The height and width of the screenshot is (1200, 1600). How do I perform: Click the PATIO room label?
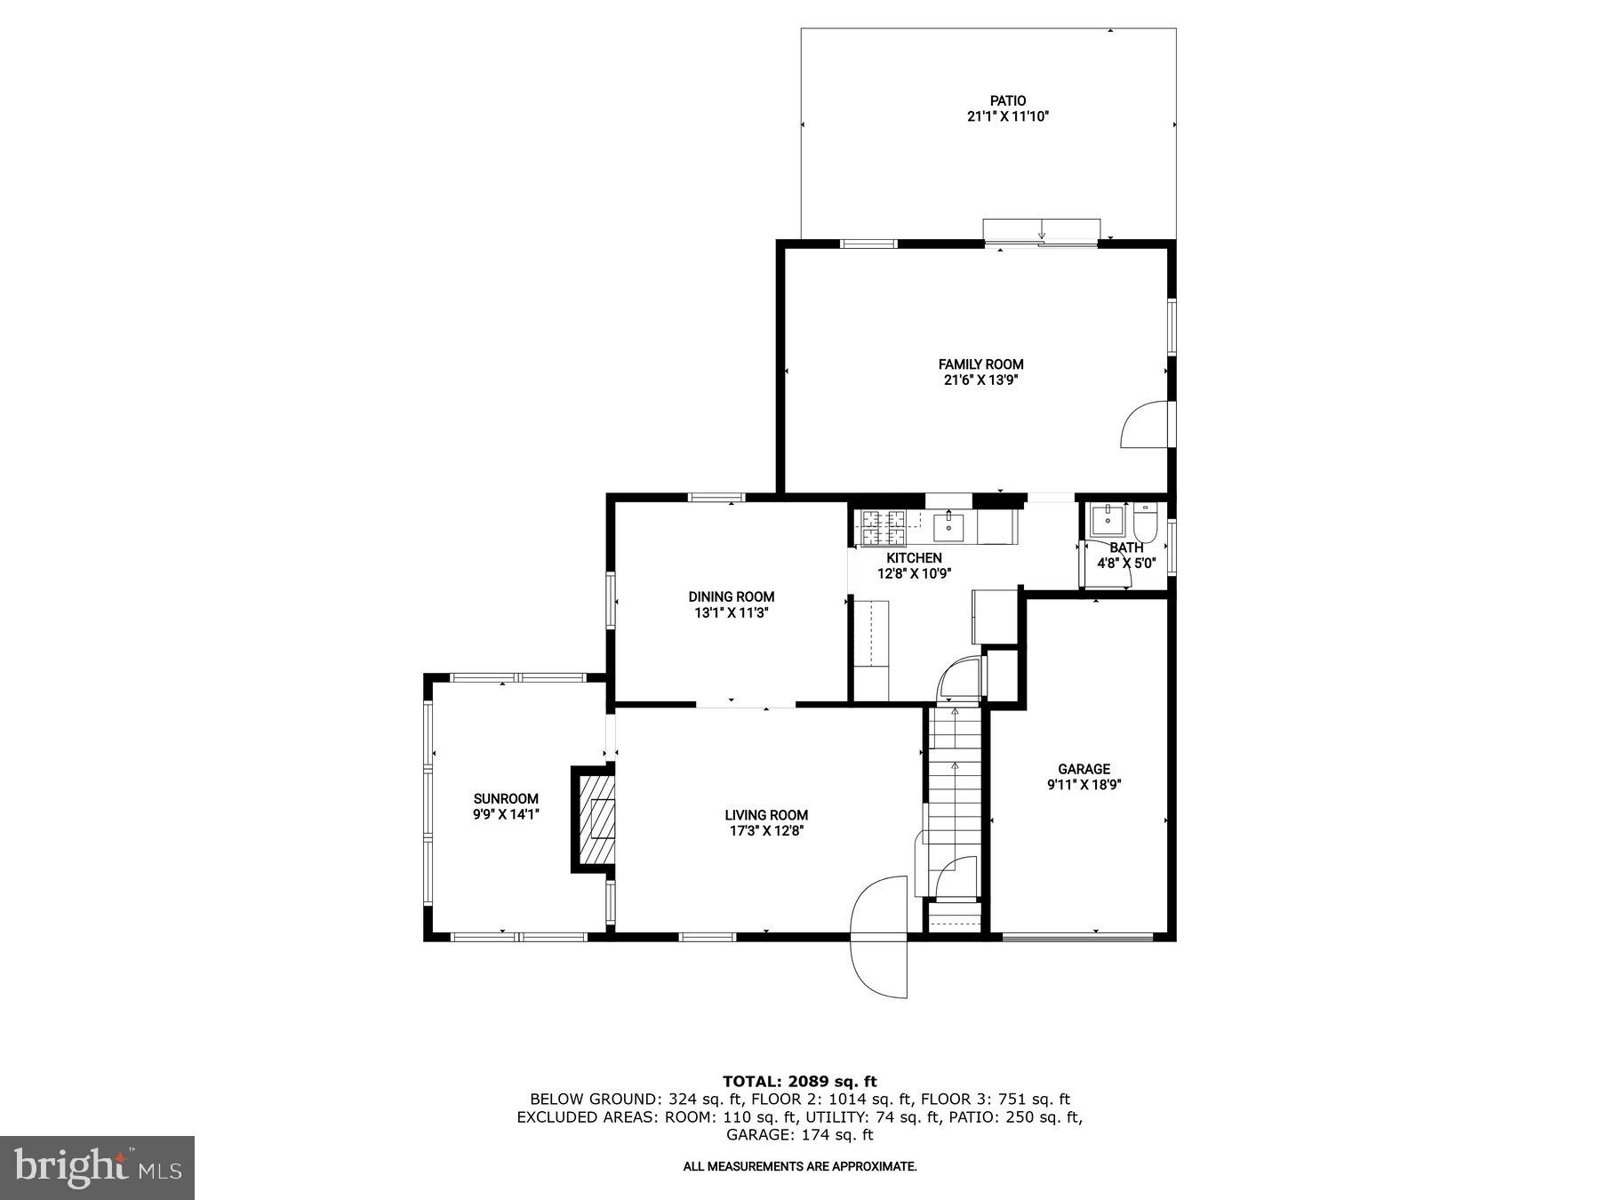(1008, 100)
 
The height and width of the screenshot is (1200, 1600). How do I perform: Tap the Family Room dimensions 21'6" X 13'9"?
(980, 380)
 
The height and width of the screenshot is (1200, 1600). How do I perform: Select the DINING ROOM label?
(732, 596)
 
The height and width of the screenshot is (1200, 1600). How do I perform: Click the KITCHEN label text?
(914, 557)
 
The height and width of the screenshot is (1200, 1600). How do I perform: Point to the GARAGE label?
(1084, 769)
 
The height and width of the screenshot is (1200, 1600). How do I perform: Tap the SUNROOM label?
(506, 798)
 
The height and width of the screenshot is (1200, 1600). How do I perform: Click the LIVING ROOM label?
(766, 814)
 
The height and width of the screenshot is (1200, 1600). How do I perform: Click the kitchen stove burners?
(881, 527)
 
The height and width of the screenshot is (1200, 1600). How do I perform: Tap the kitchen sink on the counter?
(949, 527)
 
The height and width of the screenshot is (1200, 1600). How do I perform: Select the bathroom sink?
(1108, 520)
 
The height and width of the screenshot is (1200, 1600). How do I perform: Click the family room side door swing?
(1145, 425)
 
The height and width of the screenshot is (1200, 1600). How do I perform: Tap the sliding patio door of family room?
(1042, 230)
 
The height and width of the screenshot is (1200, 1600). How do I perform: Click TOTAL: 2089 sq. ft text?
(799, 1081)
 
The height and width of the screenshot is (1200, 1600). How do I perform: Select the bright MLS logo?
(97, 1167)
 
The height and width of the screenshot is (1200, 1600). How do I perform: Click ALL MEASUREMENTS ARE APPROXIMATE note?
(799, 1166)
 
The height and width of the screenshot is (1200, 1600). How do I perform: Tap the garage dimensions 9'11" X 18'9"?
(1084, 785)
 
